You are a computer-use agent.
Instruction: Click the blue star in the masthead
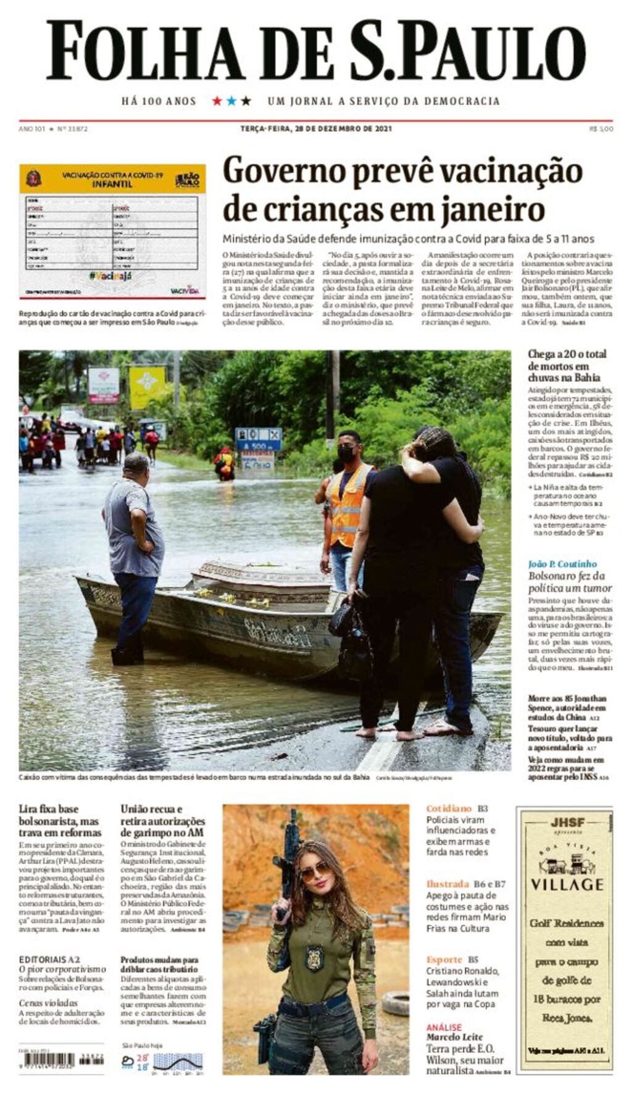coord(231,101)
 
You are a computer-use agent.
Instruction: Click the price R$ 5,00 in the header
coord(601,129)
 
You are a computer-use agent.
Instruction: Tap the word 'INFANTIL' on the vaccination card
coord(112,184)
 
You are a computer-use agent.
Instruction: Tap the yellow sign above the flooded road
coord(147,387)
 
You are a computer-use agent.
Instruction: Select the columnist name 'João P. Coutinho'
coord(562,564)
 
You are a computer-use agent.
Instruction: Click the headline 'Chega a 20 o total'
coord(567,354)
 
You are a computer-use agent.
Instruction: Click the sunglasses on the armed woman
coord(315,871)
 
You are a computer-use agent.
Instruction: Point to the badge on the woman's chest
coord(314,957)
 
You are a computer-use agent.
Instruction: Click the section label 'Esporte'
coord(444,959)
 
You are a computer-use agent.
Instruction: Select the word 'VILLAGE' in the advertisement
coord(567,884)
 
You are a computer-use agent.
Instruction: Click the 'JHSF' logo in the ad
coord(567,823)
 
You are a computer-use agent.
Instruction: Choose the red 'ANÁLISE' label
coord(444,1027)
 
